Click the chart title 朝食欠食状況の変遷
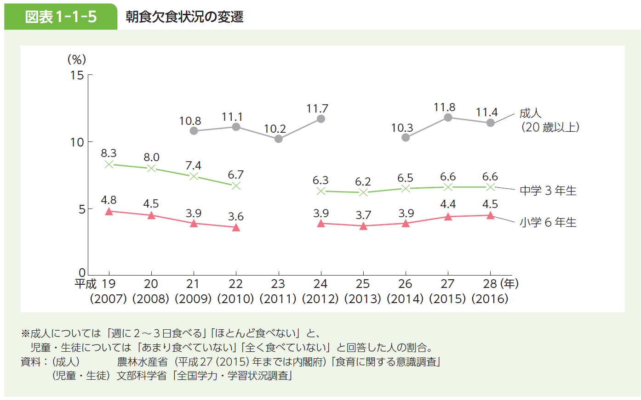pyautogui.click(x=184, y=17)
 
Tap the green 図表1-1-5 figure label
pyautogui.click(x=61, y=17)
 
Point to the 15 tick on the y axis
pyautogui.click(x=77, y=75)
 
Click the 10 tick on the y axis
pyautogui.click(x=77, y=142)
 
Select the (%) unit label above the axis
pyautogui.click(x=77, y=59)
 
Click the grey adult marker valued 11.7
pyautogui.click(x=321, y=119)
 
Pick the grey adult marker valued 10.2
pyautogui.click(x=279, y=139)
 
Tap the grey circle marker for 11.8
pyautogui.click(x=448, y=118)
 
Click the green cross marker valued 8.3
pyautogui.click(x=109, y=164)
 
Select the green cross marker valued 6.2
pyautogui.click(x=363, y=192)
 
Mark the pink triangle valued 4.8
pyautogui.click(x=109, y=211)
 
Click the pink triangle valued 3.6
pyautogui.click(x=236, y=227)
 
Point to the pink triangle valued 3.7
pyautogui.click(x=363, y=226)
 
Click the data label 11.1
pyautogui.click(x=232, y=117)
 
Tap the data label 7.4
pyautogui.click(x=193, y=165)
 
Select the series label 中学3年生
pyautogui.click(x=548, y=191)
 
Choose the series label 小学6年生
pyautogui.click(x=548, y=222)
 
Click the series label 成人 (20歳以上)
pyautogui.click(x=549, y=120)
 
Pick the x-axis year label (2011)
pyautogui.click(x=278, y=299)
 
